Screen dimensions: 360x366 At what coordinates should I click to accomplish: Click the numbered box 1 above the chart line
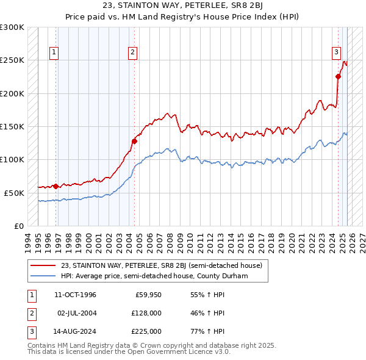tap(54, 53)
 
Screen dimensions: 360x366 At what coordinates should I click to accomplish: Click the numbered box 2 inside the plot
tap(132, 53)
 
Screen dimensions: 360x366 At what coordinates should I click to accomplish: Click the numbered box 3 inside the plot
tap(336, 53)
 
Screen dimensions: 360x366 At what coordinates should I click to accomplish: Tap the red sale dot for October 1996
tap(56, 186)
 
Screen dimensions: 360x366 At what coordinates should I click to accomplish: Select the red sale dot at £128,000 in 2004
tap(134, 141)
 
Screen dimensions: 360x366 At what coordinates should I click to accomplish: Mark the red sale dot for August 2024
tap(338, 76)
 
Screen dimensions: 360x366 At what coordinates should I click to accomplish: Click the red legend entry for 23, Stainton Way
tap(162, 265)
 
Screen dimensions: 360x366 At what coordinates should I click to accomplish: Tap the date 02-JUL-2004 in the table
tap(76, 313)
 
